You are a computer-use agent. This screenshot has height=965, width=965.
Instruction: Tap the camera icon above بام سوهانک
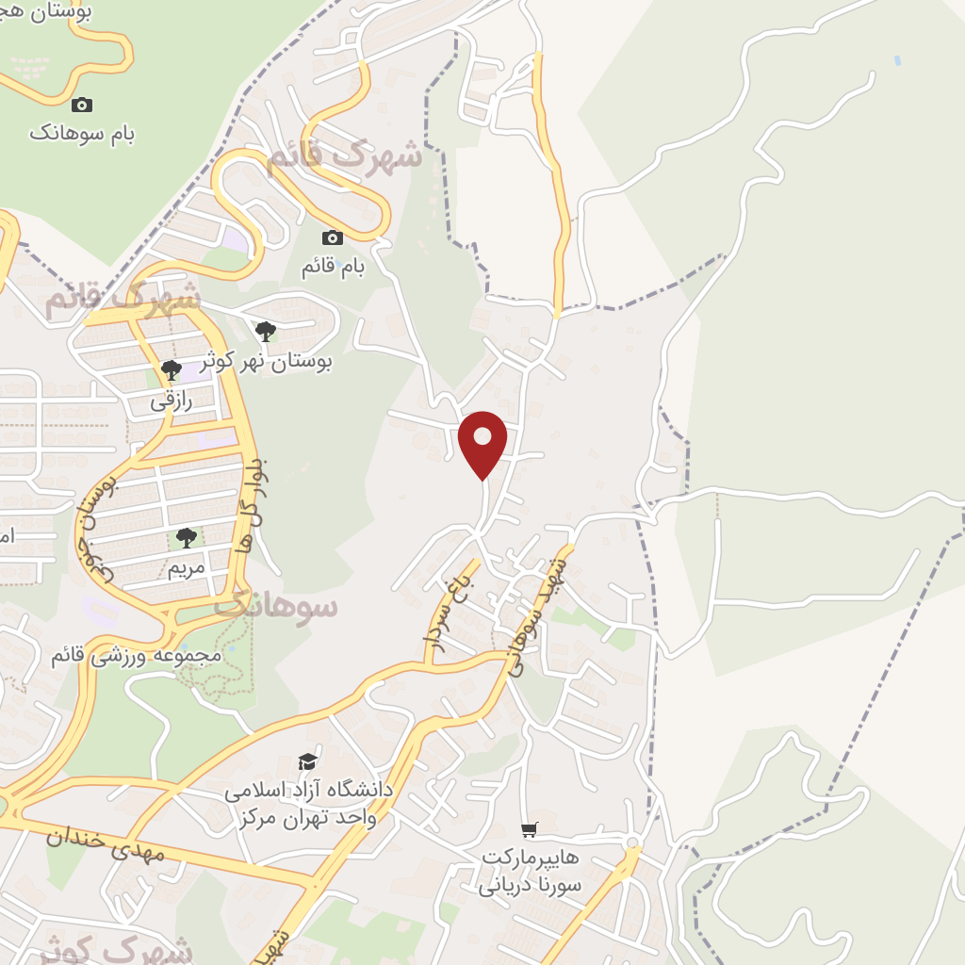pos(82,105)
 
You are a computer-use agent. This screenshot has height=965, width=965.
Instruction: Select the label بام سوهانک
pos(82,133)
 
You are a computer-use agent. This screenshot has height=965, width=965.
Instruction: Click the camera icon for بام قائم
pos(333,237)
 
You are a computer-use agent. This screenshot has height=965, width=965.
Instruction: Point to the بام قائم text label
pos(333,267)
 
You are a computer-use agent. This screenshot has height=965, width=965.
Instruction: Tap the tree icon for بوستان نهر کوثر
pos(266,331)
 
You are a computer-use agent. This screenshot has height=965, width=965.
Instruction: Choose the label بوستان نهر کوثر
pos(266,361)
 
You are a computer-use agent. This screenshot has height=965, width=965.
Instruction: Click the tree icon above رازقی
pos(171,369)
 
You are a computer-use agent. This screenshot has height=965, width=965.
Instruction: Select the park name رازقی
pos(171,401)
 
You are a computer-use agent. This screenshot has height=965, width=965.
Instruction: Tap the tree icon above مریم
pos(187,538)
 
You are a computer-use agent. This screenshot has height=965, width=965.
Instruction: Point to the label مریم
pos(187,568)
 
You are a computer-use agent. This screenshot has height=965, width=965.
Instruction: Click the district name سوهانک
pos(275,605)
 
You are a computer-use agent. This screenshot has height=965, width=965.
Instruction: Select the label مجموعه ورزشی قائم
pos(136,655)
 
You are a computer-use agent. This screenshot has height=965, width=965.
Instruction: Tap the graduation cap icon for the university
pos(307,761)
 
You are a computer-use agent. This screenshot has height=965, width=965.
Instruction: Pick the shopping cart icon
pos(530,829)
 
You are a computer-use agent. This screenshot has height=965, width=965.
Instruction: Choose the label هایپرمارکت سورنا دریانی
pos(530,872)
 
